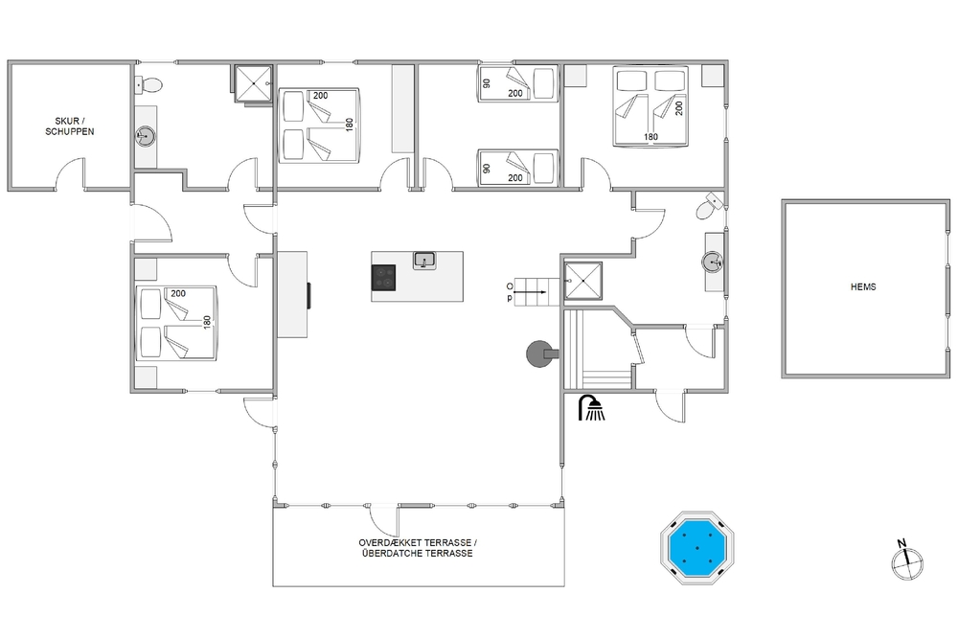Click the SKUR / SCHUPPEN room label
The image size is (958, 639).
coord(70,126)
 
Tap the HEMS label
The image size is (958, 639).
coord(863,286)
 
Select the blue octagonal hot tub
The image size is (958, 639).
coord(697,547)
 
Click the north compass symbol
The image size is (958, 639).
coord(907,560)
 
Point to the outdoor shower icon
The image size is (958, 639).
coord(591,407)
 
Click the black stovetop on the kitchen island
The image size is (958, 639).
coord(384,278)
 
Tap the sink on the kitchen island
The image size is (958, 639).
coord(424,261)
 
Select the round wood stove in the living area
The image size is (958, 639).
coord(540,354)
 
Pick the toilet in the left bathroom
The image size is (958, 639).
coord(148,85)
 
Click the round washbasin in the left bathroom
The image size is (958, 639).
coord(146,136)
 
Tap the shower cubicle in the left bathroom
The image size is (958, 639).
coord(253,83)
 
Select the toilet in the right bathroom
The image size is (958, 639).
coord(709,206)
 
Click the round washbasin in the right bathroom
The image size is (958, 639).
coord(713,262)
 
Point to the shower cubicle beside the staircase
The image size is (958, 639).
coord(582,281)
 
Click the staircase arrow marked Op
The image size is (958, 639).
coord(529,292)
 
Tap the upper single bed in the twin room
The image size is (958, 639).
coord(518,83)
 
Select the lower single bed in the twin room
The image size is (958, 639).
coord(518,168)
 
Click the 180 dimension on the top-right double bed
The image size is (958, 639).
coord(650,137)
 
